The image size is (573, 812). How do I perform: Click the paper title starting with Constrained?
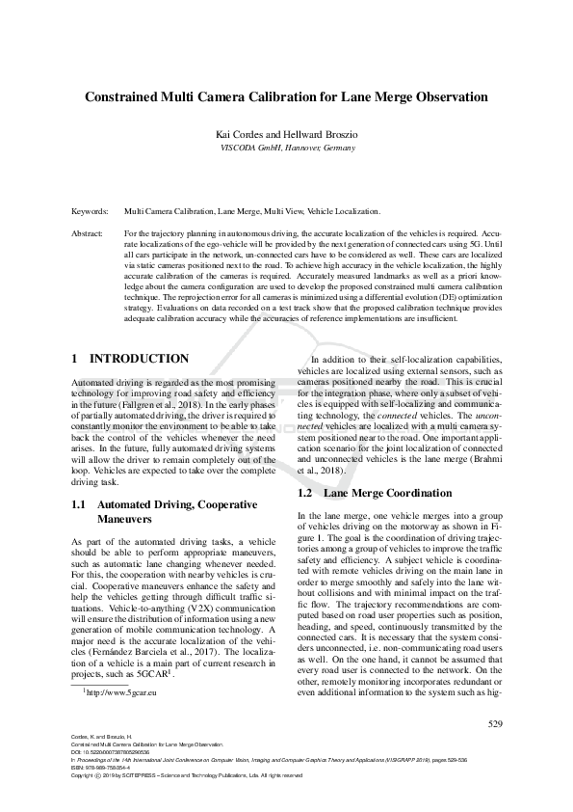pyautogui.click(x=286, y=97)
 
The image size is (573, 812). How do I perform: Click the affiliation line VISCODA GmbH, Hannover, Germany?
pyautogui.click(x=286, y=149)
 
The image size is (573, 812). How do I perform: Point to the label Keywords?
pyautogui.click(x=91, y=209)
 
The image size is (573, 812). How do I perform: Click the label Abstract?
pyautogui.click(x=89, y=233)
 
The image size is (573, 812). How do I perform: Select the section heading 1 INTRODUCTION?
pyautogui.click(x=131, y=358)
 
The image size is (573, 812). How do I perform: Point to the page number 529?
pyautogui.click(x=495, y=722)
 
